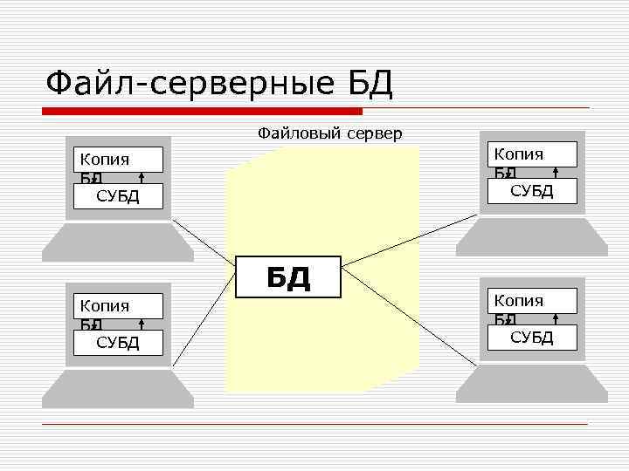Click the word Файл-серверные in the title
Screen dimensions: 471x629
[189, 85]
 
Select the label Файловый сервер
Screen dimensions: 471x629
[329, 133]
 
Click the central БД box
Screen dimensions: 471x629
[288, 276]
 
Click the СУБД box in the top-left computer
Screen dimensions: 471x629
[118, 195]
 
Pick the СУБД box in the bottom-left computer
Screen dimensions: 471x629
[118, 342]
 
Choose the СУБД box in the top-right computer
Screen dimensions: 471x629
[532, 191]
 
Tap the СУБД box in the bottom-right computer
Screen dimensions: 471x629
[532, 338]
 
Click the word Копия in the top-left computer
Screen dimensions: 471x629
[104, 159]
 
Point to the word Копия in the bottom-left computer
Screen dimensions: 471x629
[104, 305]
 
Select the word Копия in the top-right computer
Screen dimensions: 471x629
[518, 154]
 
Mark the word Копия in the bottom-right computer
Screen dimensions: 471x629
[518, 301]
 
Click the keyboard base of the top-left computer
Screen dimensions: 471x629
[118, 242]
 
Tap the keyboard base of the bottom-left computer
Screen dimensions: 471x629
[118, 389]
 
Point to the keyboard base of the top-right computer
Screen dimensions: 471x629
[532, 237]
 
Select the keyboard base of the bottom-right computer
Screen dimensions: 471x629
[532, 384]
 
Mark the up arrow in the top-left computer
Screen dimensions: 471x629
[142, 178]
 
